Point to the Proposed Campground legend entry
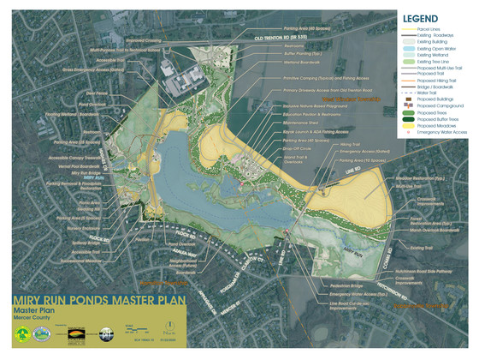point(434,105)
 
